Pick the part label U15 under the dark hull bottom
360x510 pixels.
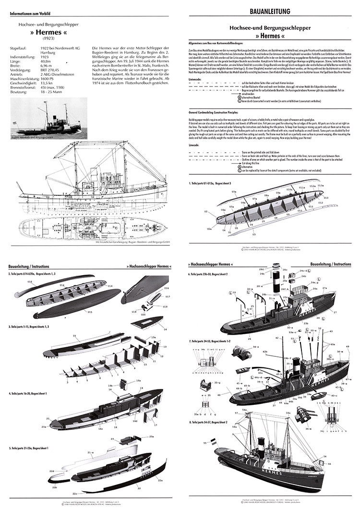[x=89, y=312]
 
